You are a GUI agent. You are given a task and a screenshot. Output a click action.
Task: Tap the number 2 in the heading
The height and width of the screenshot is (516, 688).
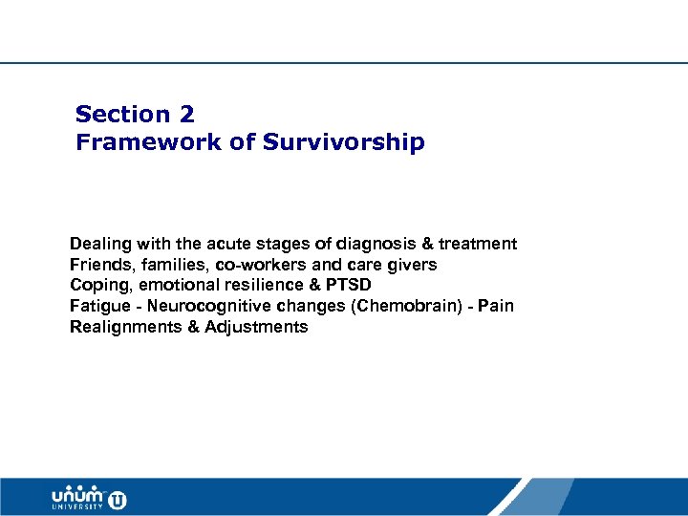[x=185, y=115]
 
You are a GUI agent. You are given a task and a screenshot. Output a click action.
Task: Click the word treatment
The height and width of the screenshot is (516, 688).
[x=478, y=244]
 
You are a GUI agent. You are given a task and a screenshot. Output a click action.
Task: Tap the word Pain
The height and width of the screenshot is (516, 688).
[x=497, y=307]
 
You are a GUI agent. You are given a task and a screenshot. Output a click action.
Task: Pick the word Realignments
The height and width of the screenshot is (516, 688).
[x=121, y=328]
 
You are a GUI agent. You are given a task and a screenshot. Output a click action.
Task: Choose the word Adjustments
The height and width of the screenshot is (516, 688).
[x=256, y=328]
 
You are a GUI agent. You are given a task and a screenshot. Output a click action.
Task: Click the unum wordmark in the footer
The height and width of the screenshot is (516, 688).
[x=78, y=496]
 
